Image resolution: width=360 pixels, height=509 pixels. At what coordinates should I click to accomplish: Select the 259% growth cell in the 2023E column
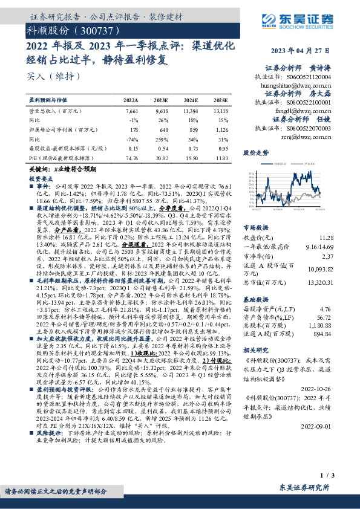(x=162, y=138)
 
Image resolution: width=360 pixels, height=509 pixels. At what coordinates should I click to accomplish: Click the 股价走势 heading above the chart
(x=255, y=153)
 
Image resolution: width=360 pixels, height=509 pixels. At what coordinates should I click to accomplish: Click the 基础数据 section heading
(x=255, y=299)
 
